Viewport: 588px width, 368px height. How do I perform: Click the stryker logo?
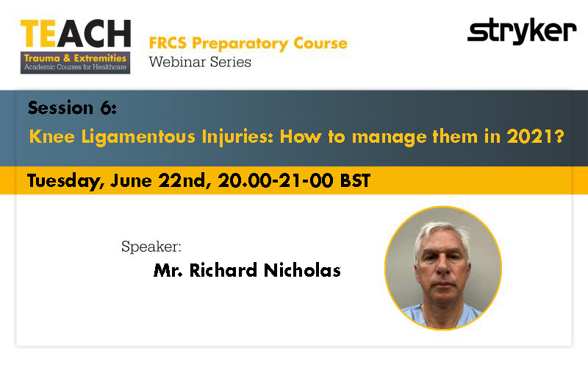click(x=521, y=32)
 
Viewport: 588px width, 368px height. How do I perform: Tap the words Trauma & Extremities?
click(x=75, y=57)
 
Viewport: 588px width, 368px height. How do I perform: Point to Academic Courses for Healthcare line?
click(x=75, y=68)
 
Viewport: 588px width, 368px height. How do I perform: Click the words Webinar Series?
click(x=200, y=62)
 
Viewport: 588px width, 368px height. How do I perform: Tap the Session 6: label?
click(x=72, y=108)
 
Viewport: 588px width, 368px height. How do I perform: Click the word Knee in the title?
click(x=50, y=137)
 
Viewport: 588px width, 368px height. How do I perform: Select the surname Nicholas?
click(x=302, y=271)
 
